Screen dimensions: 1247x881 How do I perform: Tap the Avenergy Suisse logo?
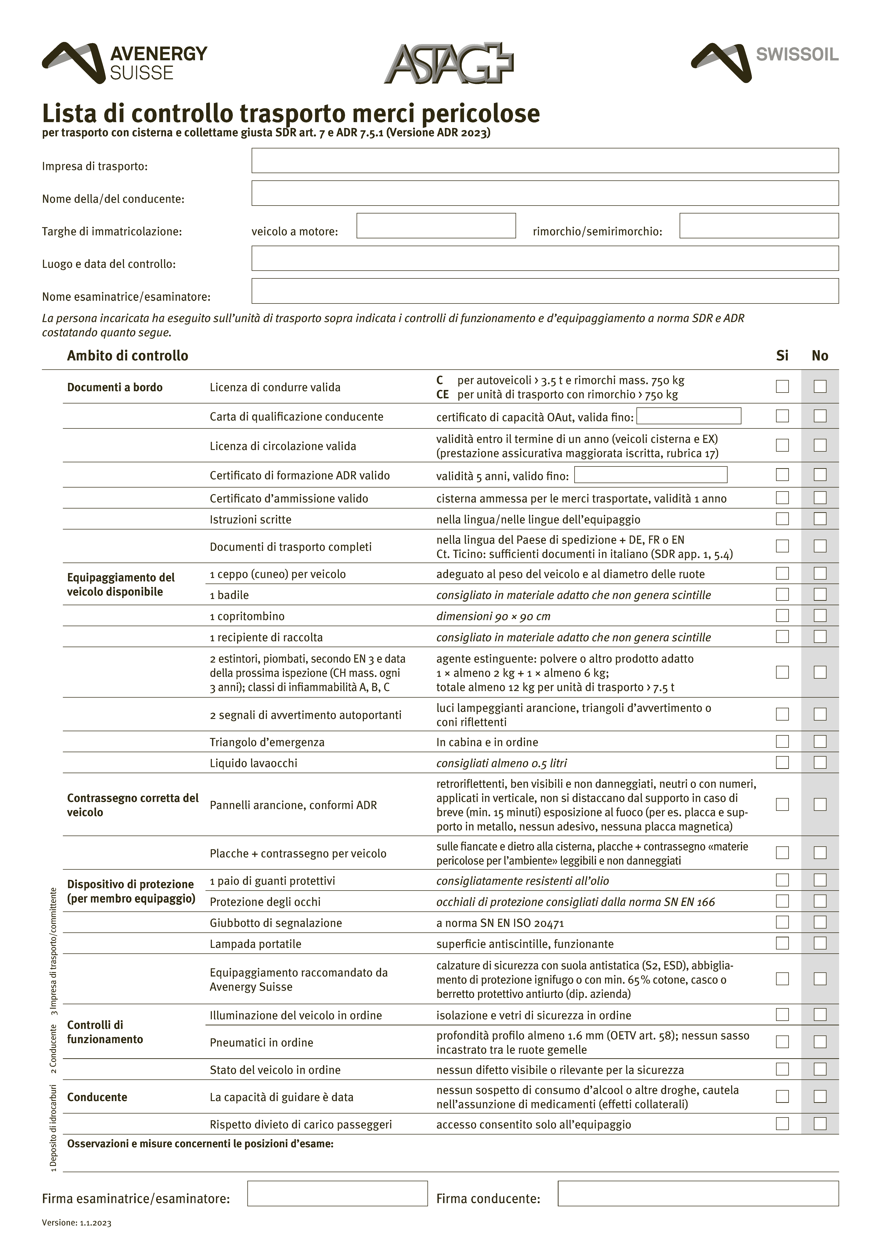coord(125,63)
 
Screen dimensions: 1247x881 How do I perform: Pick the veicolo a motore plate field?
coord(436,226)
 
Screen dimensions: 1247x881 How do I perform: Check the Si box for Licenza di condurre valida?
coord(782,387)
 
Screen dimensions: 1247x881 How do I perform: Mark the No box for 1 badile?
coord(820,595)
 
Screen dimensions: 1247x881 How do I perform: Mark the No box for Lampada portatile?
coord(820,943)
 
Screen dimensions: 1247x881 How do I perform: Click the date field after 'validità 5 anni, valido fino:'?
coord(650,475)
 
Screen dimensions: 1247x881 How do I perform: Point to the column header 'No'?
coord(820,356)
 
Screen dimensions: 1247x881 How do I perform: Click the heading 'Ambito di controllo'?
coord(128,356)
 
